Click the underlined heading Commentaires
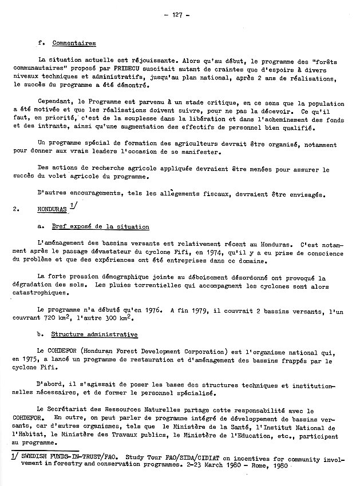pyautogui.click(x=74, y=43)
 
